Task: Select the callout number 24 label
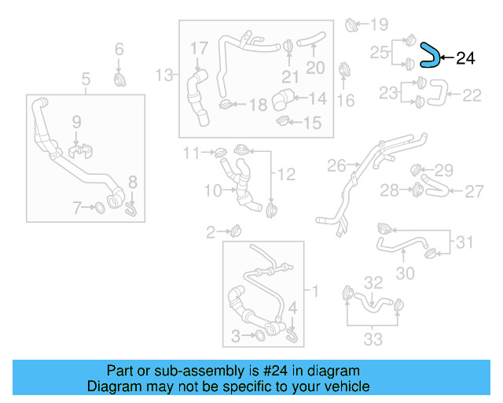pyautogui.click(x=465, y=57)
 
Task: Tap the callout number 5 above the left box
pyautogui.click(x=86, y=78)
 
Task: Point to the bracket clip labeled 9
pyautogui.click(x=77, y=149)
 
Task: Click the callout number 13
pyautogui.click(x=165, y=76)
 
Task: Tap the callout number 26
pyautogui.click(x=336, y=166)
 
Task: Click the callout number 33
pyautogui.click(x=373, y=339)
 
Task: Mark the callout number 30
pyautogui.click(x=404, y=273)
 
